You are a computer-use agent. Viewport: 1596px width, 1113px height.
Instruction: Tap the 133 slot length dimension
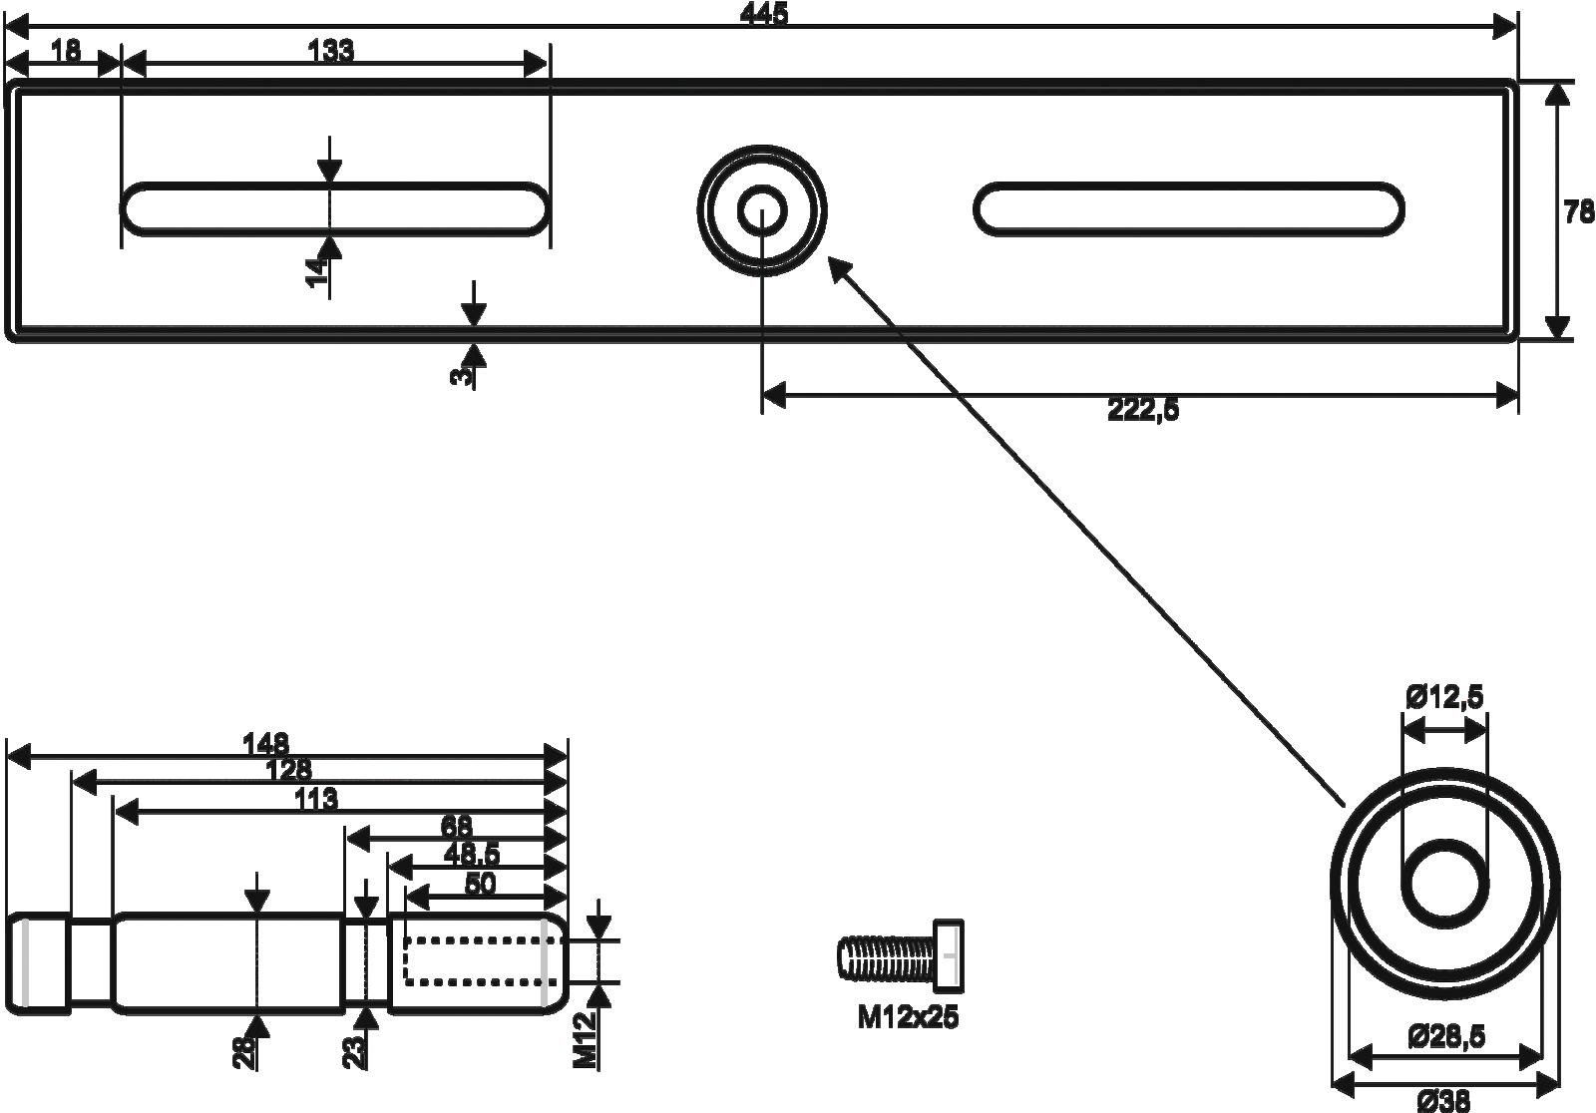[x=331, y=51]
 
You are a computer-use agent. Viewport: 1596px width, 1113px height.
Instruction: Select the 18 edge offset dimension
[x=66, y=51]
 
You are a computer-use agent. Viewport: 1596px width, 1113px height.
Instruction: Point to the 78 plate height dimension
[x=1578, y=212]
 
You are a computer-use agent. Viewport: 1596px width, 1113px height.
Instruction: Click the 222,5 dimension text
[x=1143, y=410]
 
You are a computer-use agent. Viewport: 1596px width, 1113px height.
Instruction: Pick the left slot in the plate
[x=335, y=209]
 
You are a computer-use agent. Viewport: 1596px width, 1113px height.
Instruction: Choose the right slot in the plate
[x=1188, y=209]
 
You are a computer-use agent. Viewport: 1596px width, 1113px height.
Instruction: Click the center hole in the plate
[x=762, y=209]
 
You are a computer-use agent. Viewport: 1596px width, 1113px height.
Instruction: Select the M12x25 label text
[x=908, y=1018]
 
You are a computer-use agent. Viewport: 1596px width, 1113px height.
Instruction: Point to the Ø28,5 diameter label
[x=1446, y=1037]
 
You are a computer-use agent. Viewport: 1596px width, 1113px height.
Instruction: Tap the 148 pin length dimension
[x=266, y=743]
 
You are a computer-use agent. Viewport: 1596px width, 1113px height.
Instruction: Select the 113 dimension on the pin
[x=316, y=799]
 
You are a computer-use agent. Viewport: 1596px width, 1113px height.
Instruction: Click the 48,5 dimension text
[x=472, y=854]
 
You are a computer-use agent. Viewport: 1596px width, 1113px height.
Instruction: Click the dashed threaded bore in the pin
[x=474, y=960]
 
